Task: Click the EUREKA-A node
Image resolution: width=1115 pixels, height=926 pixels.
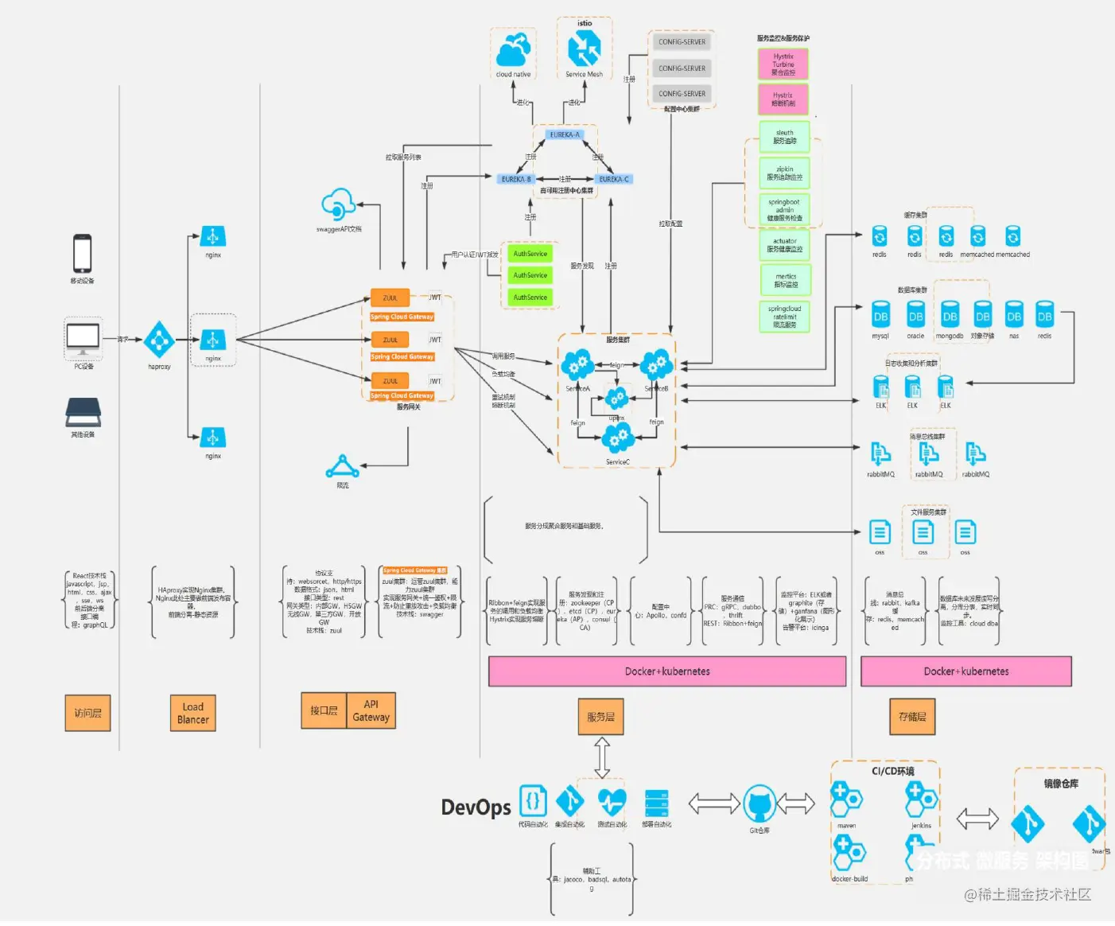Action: pos(565,134)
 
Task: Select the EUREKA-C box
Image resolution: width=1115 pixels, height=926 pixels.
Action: pos(614,179)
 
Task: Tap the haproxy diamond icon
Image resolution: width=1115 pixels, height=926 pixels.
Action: pos(159,340)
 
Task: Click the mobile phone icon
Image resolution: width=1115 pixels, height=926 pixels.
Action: pos(82,254)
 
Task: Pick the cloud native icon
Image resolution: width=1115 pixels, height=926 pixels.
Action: pos(513,50)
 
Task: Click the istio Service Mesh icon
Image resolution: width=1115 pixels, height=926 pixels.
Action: pos(584,49)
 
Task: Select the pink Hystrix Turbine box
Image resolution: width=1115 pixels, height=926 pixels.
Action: pos(783,64)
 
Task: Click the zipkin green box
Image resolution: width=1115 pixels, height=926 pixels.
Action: pos(784,173)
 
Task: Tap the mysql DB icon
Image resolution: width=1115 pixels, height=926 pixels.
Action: pos(880,316)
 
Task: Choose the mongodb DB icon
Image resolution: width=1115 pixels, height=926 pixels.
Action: pos(950,316)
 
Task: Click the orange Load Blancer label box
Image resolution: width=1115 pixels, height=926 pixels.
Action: pos(192,713)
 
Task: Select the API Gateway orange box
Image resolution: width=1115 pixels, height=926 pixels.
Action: pos(371,710)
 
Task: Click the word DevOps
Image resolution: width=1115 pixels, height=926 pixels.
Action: pos(476,807)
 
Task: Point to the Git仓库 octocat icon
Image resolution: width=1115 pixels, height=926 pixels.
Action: pos(759,804)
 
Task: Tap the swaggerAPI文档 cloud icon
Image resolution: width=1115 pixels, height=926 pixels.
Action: pos(339,205)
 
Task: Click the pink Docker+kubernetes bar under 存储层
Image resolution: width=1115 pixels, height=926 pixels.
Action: pos(965,671)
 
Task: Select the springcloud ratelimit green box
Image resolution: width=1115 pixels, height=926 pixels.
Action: pos(784,316)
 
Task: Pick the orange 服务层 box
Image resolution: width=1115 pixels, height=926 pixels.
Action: pos(600,716)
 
